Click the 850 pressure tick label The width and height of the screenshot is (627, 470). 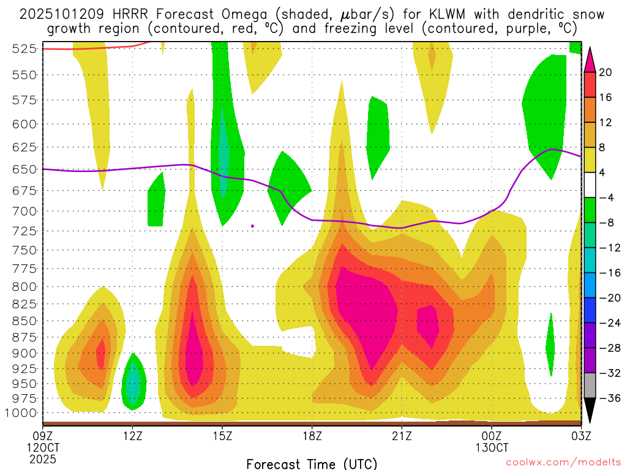point(24,321)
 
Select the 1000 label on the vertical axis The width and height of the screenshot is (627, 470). point(21,412)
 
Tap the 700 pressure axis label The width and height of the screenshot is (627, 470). point(24,211)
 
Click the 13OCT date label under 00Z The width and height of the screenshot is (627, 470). point(492,447)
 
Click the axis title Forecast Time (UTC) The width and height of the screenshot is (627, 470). point(312,463)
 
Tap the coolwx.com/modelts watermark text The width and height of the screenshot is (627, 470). point(562,463)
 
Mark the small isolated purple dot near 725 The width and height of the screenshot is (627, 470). point(253,226)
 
